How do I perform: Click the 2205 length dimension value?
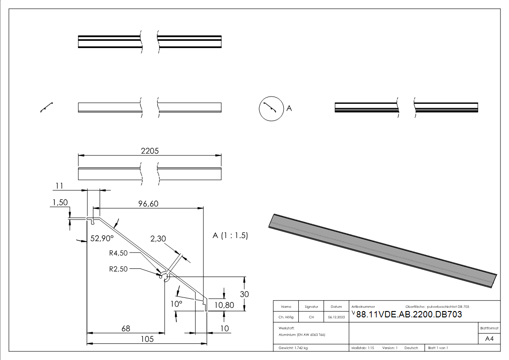[150, 151]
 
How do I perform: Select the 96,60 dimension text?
[148, 204]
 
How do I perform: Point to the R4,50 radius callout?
[118, 253]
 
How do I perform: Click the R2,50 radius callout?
[118, 268]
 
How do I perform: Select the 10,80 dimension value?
[224, 305]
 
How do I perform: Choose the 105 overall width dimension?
[147, 339]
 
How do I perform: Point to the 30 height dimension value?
[244, 294]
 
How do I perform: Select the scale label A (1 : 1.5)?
[230, 236]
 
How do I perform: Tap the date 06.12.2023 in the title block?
[336, 317]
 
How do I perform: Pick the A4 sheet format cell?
[489, 339]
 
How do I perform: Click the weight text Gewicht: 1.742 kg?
[293, 348]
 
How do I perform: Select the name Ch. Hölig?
[286, 317]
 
